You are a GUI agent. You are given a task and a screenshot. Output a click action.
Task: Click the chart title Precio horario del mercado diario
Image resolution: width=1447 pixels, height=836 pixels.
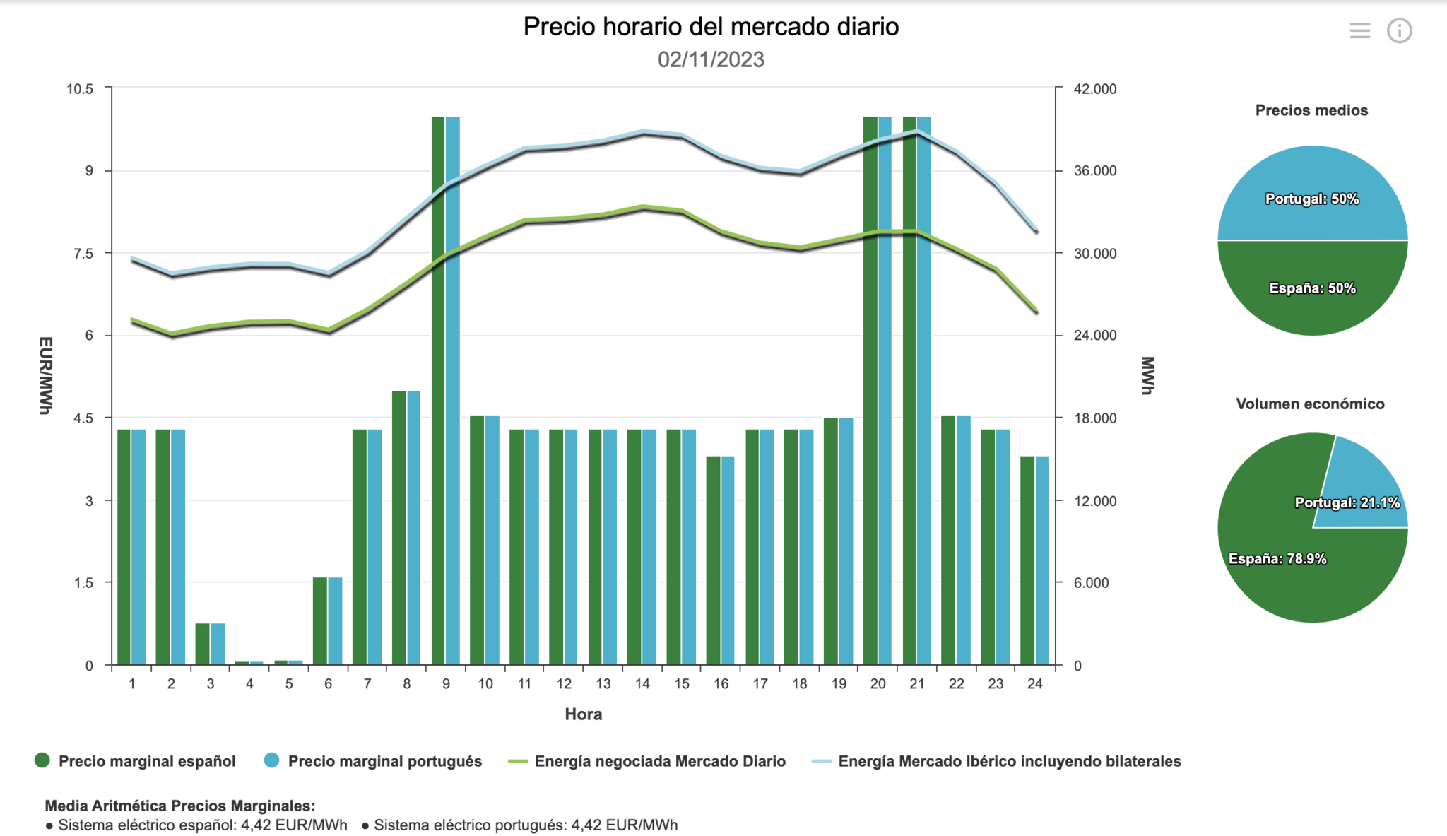pos(711,27)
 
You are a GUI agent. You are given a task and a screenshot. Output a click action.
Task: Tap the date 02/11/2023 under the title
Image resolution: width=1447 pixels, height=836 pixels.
pos(711,59)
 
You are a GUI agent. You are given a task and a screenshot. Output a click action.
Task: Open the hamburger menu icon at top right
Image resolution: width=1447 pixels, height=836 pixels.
pos(1359,30)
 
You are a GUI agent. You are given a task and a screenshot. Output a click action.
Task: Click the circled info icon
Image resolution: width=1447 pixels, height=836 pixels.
pos(1399,30)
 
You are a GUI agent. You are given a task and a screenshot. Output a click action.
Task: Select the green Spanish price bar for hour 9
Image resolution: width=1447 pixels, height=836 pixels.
pos(438,389)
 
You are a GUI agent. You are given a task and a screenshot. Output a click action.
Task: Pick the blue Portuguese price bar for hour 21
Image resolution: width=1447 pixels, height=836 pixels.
pos(924,389)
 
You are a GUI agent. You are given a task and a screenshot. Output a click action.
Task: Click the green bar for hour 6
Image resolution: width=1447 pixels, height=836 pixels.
pos(320,621)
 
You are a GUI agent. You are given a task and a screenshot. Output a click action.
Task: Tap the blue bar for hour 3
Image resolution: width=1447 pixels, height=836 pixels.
pos(218,644)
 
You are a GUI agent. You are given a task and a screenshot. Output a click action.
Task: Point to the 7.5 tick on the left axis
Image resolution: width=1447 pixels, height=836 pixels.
pos(84,254)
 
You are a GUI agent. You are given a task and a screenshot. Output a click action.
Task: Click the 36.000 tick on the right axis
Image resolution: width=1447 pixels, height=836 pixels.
pos(1095,171)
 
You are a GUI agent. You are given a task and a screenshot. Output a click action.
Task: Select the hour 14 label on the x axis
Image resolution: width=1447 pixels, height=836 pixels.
pos(642,684)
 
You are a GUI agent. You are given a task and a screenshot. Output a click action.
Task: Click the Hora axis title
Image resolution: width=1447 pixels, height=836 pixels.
pos(584,714)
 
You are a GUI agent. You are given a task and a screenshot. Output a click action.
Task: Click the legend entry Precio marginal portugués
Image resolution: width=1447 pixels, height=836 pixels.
pos(384,761)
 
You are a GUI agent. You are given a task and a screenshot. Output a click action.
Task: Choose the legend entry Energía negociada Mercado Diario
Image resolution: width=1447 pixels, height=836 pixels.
pos(660,761)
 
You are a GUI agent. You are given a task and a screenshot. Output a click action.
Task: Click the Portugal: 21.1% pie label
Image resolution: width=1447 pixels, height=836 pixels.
pos(1347,502)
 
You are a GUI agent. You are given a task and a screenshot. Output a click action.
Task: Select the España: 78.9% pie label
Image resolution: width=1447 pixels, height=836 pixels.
pos(1277,559)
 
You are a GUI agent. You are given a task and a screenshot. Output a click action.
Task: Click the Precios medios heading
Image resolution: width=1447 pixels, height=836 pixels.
pos(1311,110)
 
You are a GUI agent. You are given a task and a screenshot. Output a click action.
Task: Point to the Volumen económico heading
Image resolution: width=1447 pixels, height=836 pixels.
pos(1310,404)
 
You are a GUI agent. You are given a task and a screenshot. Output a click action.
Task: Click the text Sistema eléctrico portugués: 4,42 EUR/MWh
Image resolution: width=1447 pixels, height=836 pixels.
pos(526,825)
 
